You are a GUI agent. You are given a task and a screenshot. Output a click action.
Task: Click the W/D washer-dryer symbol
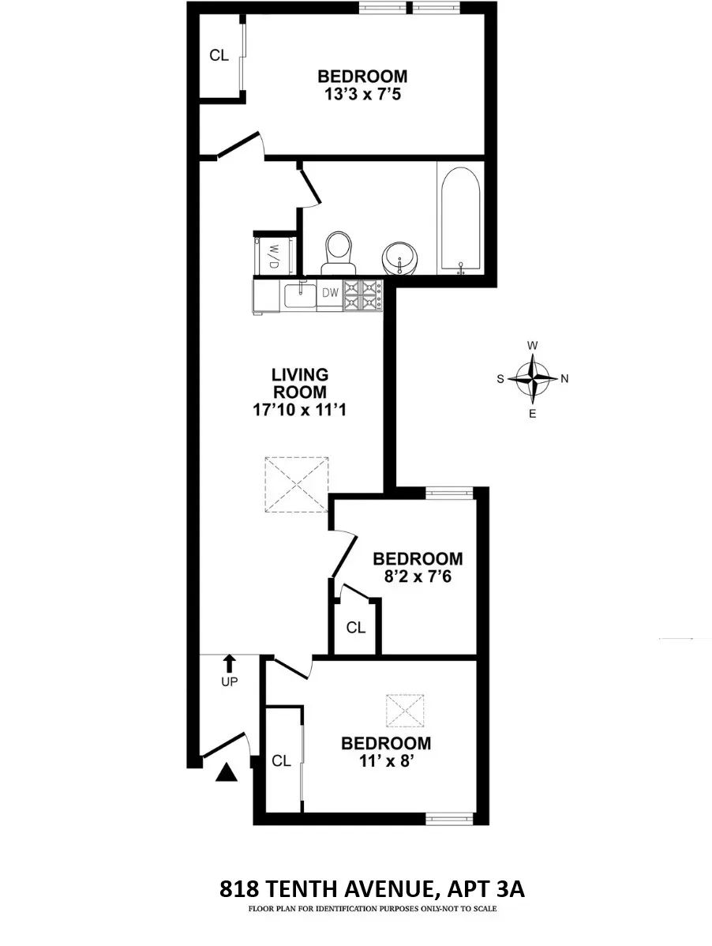[274, 255]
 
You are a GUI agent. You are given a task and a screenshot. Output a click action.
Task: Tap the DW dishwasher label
[330, 294]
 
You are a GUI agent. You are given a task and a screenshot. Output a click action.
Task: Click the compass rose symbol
[534, 378]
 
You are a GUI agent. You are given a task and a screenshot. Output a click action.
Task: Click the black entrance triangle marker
[227, 772]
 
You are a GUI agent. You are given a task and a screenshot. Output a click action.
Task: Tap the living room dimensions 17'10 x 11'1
[300, 410]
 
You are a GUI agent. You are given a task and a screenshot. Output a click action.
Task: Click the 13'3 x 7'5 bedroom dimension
[362, 95]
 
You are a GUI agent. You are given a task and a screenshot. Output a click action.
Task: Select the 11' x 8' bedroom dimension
[386, 761]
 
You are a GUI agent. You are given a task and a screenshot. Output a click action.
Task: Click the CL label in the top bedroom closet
[219, 55]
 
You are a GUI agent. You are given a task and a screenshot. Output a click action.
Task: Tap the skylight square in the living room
[296, 484]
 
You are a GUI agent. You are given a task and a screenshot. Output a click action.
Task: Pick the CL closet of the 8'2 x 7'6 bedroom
[356, 628]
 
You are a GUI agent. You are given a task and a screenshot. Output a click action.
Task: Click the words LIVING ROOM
[300, 383]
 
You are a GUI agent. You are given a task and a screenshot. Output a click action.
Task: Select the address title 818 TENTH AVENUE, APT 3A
[372, 890]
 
